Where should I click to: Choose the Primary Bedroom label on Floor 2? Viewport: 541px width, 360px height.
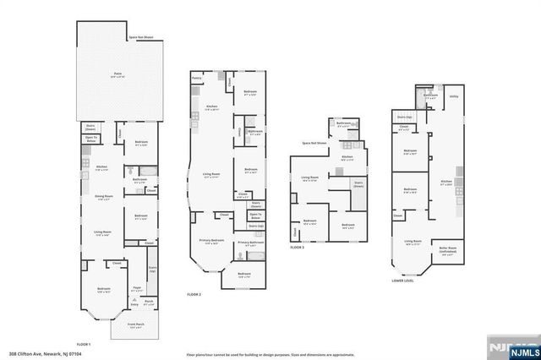211,242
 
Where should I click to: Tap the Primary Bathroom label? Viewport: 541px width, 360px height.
250,243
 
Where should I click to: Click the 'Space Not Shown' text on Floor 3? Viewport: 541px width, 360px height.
315,143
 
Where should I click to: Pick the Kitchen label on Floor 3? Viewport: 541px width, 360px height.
347,157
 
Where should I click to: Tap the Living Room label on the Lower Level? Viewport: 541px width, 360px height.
413,242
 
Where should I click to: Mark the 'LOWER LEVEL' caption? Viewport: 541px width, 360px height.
403,281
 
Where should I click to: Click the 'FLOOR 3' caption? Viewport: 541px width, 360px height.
297,248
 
